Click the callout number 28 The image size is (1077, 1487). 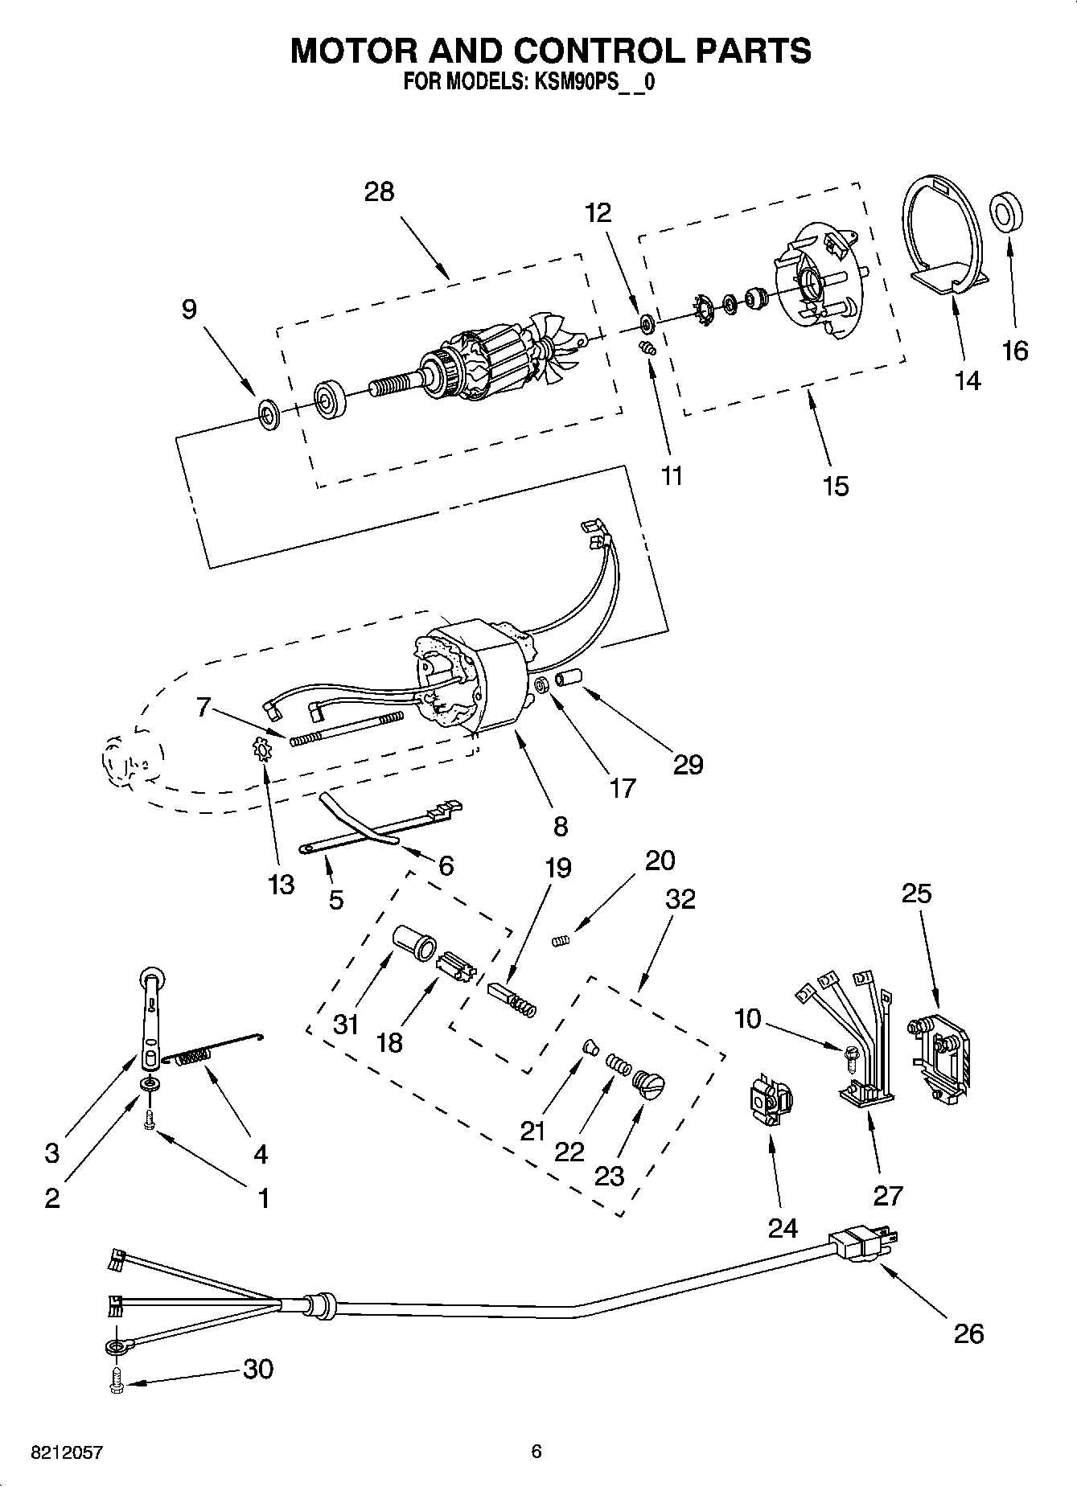click(379, 192)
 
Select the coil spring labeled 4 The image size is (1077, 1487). click(193, 1058)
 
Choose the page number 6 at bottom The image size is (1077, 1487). click(536, 1452)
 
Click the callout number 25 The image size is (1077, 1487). click(916, 893)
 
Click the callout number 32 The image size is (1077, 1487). click(680, 898)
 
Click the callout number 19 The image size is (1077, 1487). click(557, 868)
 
